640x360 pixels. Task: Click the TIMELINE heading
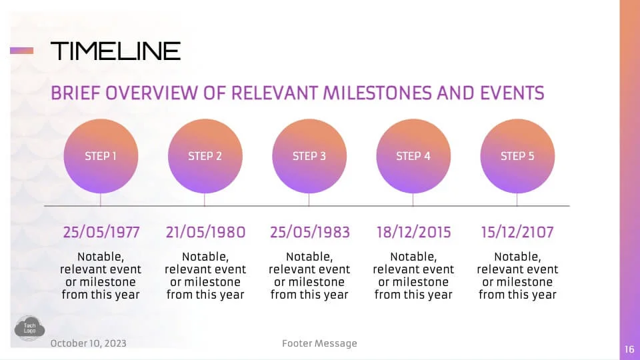tap(115, 51)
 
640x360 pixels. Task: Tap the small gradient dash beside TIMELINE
tap(21, 51)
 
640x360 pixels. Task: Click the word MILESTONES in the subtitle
tap(377, 93)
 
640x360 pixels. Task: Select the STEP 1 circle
tap(101, 156)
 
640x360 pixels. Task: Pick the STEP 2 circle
tap(205, 156)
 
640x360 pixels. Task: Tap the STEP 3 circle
tap(309, 156)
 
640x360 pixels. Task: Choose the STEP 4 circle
tap(413, 156)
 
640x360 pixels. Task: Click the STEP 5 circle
tap(517, 156)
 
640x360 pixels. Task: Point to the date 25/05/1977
tap(101, 232)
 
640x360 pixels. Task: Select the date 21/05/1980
tap(206, 232)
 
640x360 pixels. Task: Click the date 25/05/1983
tap(310, 232)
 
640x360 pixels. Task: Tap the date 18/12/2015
tap(413, 232)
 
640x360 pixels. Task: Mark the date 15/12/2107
tap(517, 232)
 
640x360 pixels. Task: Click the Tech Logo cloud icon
tap(29, 328)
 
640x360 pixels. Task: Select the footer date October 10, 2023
tap(89, 343)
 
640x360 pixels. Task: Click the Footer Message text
tap(319, 344)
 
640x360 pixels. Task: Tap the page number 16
tap(629, 349)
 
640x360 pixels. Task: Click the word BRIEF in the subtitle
tap(75, 93)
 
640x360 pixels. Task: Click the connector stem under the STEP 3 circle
tap(309, 199)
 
